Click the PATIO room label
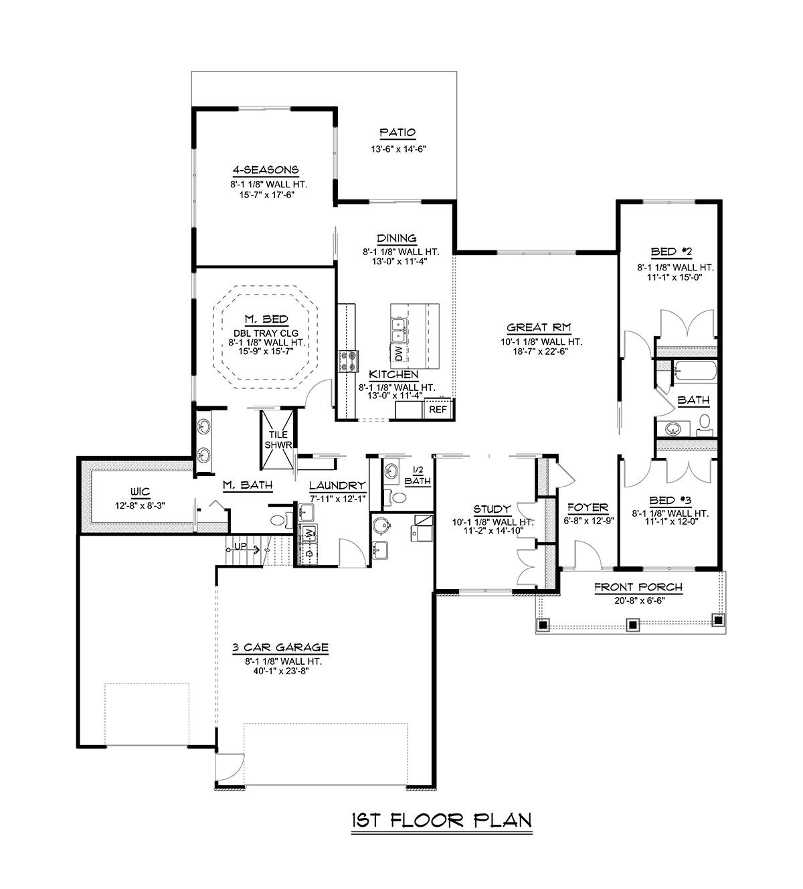(x=397, y=133)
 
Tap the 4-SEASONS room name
(x=266, y=170)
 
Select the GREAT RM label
(x=539, y=327)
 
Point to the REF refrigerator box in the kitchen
(x=438, y=409)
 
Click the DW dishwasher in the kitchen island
(x=399, y=353)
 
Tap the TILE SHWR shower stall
(x=278, y=440)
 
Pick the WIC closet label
(x=140, y=492)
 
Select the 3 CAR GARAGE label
(x=280, y=647)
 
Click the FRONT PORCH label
(x=638, y=587)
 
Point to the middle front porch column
(x=633, y=625)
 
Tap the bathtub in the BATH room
(x=694, y=371)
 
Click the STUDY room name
(x=492, y=509)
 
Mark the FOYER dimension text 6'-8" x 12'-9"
(x=588, y=521)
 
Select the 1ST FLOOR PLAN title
(x=442, y=820)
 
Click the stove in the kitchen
(x=349, y=361)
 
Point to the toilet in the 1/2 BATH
(x=395, y=497)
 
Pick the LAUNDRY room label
(x=337, y=486)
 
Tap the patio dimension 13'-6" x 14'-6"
(x=398, y=149)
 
